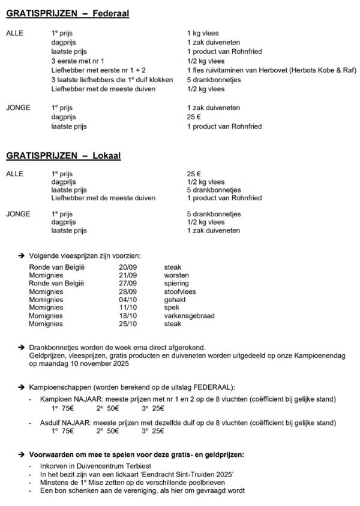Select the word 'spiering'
click(x=176, y=283)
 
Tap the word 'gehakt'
click(x=175, y=299)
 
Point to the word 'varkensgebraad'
click(x=189, y=315)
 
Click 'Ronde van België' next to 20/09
click(x=58, y=267)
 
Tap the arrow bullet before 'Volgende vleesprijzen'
click(x=22, y=255)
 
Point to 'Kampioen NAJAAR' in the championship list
click(x=66, y=399)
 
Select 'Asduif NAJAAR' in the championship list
click(x=63, y=423)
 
